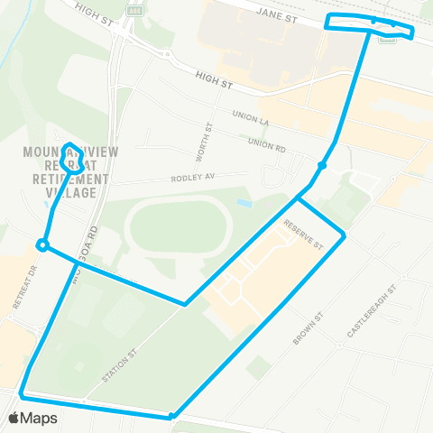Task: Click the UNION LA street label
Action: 253,116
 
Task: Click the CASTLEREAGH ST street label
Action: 371,315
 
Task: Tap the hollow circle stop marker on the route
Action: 41,244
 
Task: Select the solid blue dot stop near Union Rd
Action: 322,165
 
